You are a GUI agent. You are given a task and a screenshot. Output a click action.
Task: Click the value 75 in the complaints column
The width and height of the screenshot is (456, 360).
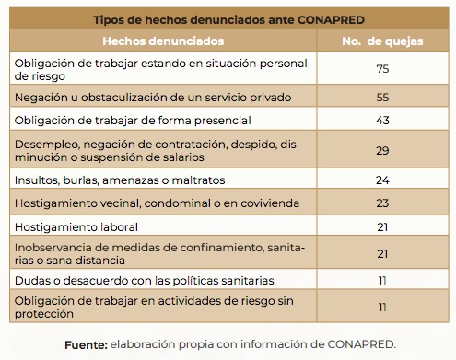point(382,69)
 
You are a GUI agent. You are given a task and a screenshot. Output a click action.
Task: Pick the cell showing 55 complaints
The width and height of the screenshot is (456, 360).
point(382,97)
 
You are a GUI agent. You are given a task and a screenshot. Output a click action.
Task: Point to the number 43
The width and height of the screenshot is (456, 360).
point(382,121)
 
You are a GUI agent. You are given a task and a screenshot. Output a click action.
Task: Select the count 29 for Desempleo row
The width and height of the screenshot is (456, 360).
point(382,149)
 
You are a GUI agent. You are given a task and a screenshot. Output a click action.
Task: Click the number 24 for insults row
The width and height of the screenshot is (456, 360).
point(382,179)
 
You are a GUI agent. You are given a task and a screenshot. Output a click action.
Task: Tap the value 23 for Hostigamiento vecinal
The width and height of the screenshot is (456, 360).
point(382,202)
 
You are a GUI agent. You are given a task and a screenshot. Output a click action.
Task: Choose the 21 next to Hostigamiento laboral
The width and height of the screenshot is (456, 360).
point(382,226)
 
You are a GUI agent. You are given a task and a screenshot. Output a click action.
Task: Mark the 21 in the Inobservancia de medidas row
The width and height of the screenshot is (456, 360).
point(382,253)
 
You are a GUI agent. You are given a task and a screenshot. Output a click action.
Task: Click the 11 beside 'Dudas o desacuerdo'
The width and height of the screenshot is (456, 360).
point(382,279)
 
